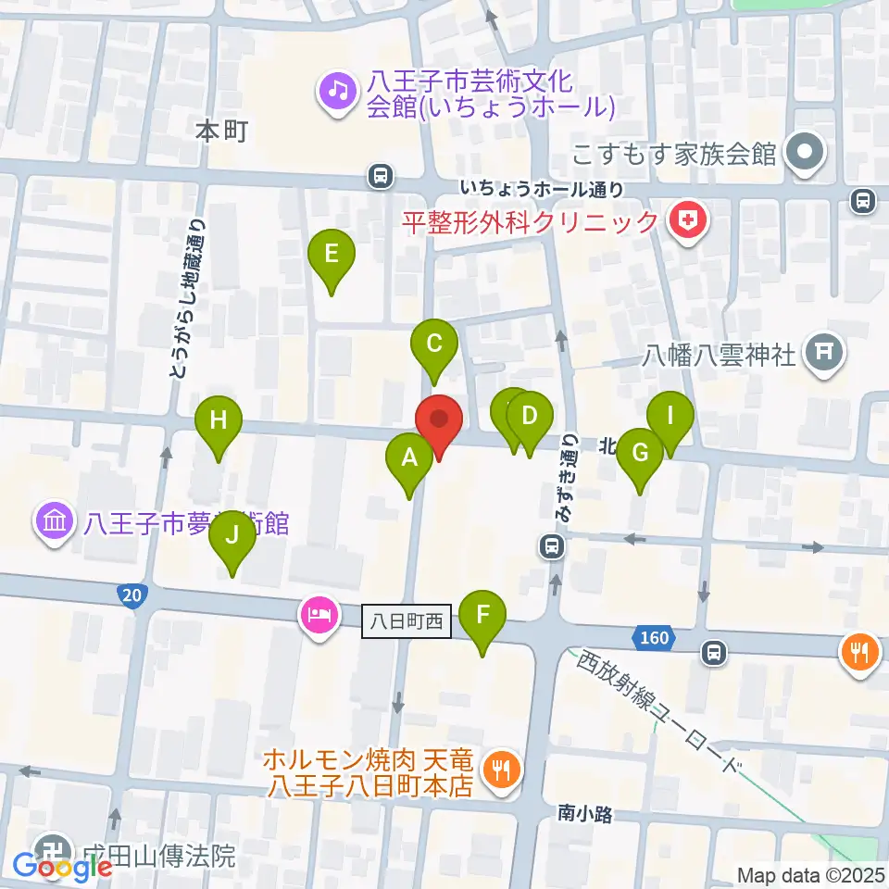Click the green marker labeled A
(x=409, y=458)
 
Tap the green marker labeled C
(x=434, y=345)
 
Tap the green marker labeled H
(x=219, y=421)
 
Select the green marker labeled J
(x=232, y=536)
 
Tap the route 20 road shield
(x=131, y=597)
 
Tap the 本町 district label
(x=221, y=131)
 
